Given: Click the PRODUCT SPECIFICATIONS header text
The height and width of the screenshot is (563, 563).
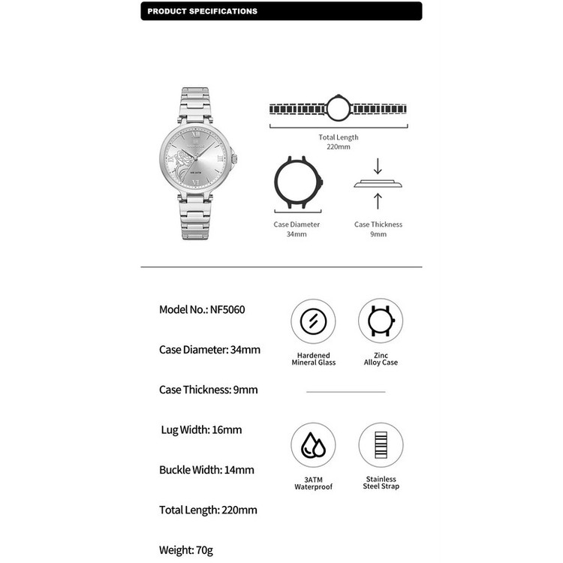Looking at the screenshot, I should pos(202,11).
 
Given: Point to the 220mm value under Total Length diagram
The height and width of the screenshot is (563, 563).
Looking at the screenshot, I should pos(338,147).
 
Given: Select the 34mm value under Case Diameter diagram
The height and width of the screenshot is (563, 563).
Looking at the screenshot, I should pos(297,234).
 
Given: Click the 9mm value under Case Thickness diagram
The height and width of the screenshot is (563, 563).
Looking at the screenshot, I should pos(378,234).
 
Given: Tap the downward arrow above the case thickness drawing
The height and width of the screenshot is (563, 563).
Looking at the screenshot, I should pos(378,166).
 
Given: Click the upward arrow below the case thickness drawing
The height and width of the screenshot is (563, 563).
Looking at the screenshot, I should pos(378,200).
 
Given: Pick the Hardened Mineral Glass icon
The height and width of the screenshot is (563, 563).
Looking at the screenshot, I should pos(313,321).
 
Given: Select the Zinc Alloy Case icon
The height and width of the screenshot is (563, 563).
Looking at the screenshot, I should pos(381,321).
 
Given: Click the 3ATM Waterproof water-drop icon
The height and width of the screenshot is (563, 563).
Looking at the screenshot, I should pos(313,445).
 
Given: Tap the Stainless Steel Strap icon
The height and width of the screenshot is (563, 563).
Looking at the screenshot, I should pos(381,445).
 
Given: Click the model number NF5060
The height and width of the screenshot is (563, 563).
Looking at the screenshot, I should pos(227,309).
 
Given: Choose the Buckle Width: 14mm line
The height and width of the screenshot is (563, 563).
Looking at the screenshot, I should pos(206,470).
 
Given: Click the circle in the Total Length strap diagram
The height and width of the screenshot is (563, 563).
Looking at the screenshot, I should pos(338,109).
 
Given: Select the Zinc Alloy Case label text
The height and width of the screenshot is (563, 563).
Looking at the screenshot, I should pos(381,359).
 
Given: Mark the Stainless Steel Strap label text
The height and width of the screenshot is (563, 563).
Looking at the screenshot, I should pos(381,483).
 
